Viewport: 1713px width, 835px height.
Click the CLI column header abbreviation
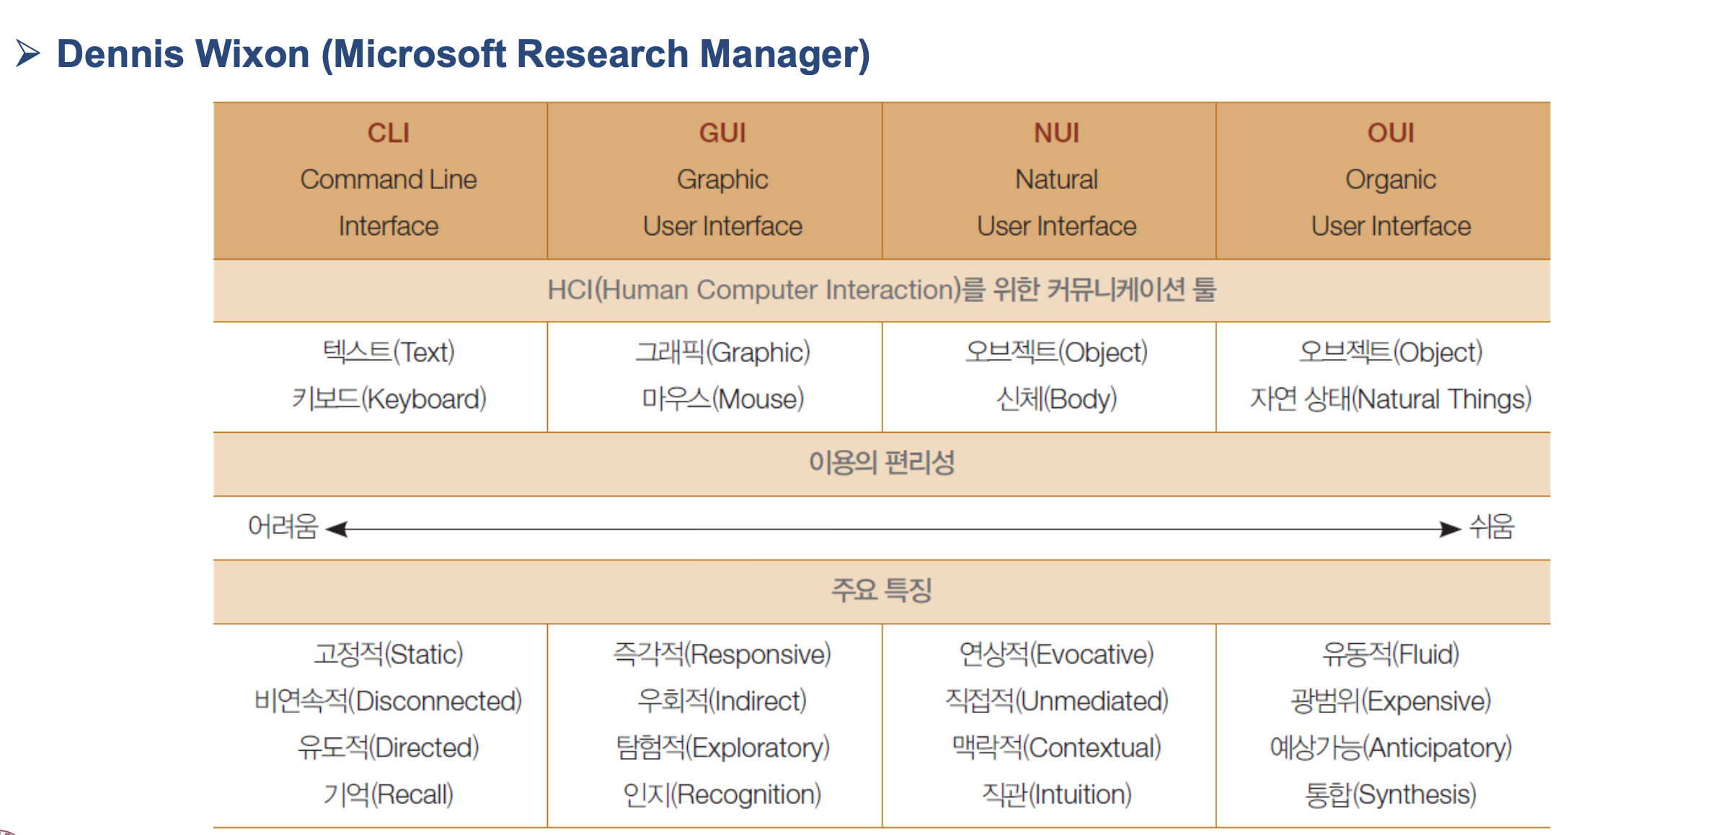(x=389, y=133)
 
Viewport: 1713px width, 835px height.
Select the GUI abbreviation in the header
(x=722, y=133)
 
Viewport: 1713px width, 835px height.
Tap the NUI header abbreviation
(x=1057, y=133)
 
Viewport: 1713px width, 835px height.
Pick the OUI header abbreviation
(x=1391, y=133)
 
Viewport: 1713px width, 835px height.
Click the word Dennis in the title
(x=121, y=54)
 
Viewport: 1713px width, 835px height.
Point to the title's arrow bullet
(x=27, y=53)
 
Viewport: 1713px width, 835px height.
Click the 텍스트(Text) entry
(x=389, y=353)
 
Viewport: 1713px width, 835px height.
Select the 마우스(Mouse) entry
(x=722, y=399)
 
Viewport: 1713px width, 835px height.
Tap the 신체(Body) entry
(x=1057, y=399)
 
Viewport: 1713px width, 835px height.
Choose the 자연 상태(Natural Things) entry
(x=1391, y=399)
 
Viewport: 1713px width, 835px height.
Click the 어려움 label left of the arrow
(x=283, y=526)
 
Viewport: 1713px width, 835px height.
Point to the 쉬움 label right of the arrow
(x=1492, y=526)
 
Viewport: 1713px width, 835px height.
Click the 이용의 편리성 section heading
(x=882, y=463)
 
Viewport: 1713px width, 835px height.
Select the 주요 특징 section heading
(x=882, y=591)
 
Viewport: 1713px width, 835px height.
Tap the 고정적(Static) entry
(x=389, y=655)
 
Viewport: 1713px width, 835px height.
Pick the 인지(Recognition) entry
(x=722, y=795)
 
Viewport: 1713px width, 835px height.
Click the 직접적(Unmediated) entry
(x=1057, y=701)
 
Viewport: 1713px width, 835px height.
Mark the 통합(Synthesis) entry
(x=1391, y=795)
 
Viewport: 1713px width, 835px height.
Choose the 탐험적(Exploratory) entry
(x=722, y=748)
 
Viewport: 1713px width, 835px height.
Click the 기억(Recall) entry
(x=389, y=795)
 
